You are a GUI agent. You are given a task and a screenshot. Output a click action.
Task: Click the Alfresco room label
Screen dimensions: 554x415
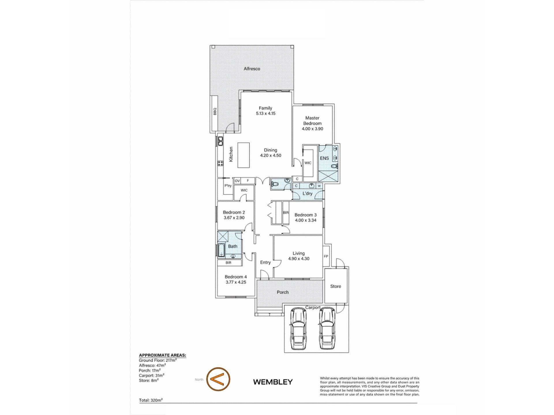click(x=252, y=69)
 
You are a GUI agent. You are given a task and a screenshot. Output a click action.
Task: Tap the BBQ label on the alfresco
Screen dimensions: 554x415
click(x=215, y=112)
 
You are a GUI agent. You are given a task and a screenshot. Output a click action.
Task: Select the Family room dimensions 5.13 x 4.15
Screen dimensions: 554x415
click(x=265, y=113)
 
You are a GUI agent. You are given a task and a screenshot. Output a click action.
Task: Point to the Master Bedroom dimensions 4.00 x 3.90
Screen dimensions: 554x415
click(x=312, y=129)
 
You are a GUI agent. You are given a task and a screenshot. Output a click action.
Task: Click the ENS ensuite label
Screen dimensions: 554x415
click(x=324, y=158)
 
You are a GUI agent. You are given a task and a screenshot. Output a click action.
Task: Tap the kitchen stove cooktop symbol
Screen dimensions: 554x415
click(x=220, y=163)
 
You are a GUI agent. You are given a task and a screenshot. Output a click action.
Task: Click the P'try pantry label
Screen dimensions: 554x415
click(x=228, y=186)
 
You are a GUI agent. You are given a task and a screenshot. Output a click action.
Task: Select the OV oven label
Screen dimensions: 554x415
click(x=237, y=181)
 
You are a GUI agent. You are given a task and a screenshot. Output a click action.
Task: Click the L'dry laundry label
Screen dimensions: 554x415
click(x=307, y=193)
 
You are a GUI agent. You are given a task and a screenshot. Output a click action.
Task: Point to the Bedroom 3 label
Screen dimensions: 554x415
click(x=306, y=215)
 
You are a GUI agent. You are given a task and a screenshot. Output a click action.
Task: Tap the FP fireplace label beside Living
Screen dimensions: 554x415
click(x=326, y=256)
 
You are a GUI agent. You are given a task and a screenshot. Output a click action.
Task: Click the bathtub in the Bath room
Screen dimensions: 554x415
click(x=221, y=250)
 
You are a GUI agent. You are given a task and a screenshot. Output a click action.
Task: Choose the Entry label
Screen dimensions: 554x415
click(x=265, y=262)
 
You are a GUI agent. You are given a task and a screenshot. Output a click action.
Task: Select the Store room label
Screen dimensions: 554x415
click(x=336, y=286)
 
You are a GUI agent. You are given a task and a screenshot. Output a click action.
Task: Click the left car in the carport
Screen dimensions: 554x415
click(x=298, y=328)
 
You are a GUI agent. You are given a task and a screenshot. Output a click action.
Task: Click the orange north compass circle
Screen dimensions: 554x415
click(x=218, y=379)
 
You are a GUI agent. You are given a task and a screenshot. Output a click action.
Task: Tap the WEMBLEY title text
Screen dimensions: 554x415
click(x=273, y=382)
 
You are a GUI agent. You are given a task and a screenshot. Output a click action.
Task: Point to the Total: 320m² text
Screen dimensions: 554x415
click(x=151, y=400)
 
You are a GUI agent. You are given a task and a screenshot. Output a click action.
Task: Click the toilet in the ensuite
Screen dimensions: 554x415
click(x=334, y=166)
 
